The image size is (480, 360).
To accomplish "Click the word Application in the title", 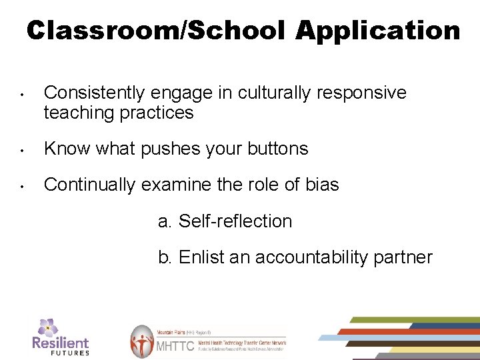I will (379, 30).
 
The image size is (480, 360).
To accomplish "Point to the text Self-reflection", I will (235, 221).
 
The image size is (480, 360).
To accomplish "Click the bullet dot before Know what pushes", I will (23, 149).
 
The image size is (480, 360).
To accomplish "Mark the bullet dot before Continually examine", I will (23, 185).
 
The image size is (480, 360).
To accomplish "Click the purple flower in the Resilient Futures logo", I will (47, 327).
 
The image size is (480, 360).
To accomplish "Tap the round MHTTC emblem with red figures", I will (141, 341).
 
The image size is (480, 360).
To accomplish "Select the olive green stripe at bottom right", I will (413, 320).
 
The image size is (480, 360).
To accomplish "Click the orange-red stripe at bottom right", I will (400, 331).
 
